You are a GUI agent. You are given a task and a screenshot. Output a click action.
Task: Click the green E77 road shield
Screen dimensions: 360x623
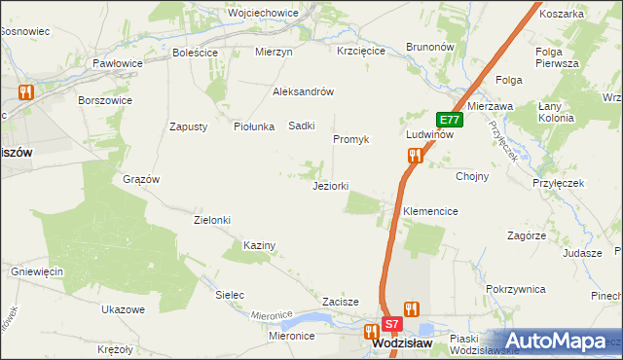point(449,120)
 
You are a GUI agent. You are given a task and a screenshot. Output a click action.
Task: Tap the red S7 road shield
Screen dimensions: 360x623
point(391,323)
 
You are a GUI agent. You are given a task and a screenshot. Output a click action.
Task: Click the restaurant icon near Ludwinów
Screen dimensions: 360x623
point(416,155)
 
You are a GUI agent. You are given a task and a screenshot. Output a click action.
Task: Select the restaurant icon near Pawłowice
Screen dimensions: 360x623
point(26,92)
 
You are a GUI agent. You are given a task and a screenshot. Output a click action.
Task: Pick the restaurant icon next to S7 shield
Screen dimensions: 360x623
point(412,309)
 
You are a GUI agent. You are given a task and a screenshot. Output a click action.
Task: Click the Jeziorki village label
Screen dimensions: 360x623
point(330,186)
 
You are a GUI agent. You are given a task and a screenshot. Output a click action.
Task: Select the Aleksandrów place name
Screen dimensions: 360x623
point(304,91)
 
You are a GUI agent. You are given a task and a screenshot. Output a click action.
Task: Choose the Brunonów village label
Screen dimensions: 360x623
point(430,46)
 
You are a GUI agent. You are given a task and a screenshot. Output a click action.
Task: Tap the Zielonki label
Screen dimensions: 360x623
point(212,220)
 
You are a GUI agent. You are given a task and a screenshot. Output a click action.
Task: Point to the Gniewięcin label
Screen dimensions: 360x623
point(37,270)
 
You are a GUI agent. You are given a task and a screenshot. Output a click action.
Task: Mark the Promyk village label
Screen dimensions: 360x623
point(351,139)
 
